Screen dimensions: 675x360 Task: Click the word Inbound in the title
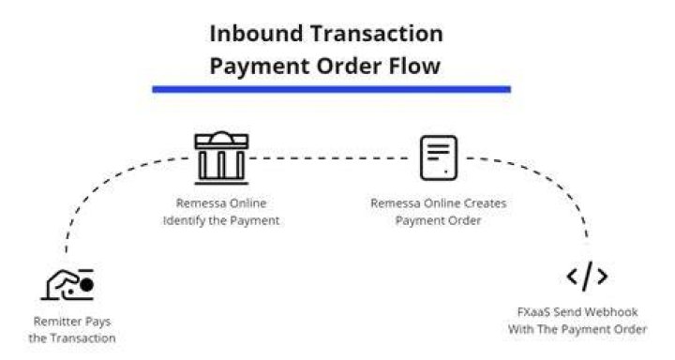pos(256,34)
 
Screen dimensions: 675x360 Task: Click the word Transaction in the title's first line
pos(377,34)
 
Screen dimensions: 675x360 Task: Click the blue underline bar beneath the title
pos(332,89)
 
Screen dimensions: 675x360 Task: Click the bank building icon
pos(221,157)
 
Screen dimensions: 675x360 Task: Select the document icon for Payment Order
pos(439,157)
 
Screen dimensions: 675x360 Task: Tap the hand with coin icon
pos(67,285)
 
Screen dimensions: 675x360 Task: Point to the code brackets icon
pos(587,276)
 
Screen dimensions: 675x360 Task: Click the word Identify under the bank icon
pos(185,221)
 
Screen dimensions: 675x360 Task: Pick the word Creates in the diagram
pos(486,202)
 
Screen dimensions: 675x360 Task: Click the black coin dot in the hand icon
pos(87,285)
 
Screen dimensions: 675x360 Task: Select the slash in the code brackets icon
pos(587,276)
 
